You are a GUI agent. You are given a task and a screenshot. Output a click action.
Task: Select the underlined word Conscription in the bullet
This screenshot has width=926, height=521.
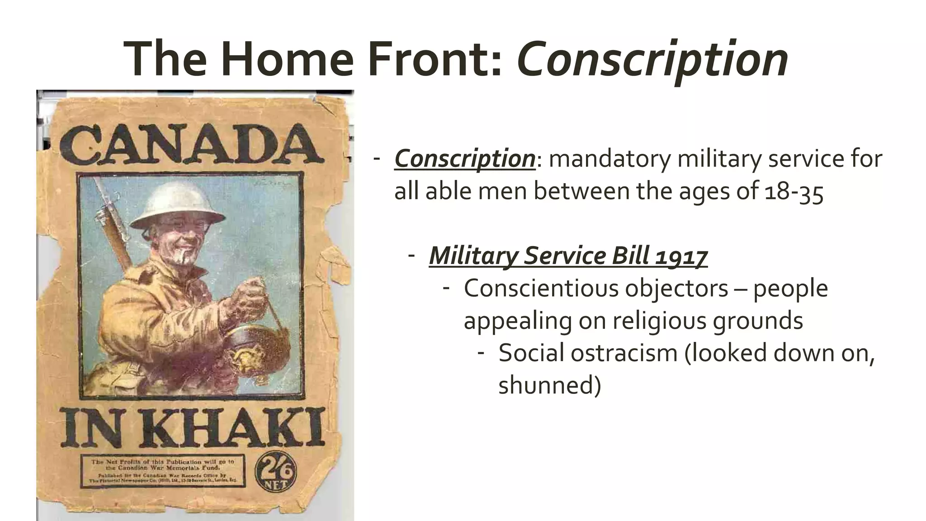pyautogui.click(x=465, y=159)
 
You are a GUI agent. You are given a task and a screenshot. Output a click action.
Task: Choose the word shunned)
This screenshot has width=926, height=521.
pyautogui.click(x=549, y=385)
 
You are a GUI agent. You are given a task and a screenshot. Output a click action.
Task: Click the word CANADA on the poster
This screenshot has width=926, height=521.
pyautogui.click(x=192, y=145)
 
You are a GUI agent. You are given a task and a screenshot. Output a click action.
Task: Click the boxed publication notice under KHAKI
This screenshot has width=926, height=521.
pyautogui.click(x=163, y=471)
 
